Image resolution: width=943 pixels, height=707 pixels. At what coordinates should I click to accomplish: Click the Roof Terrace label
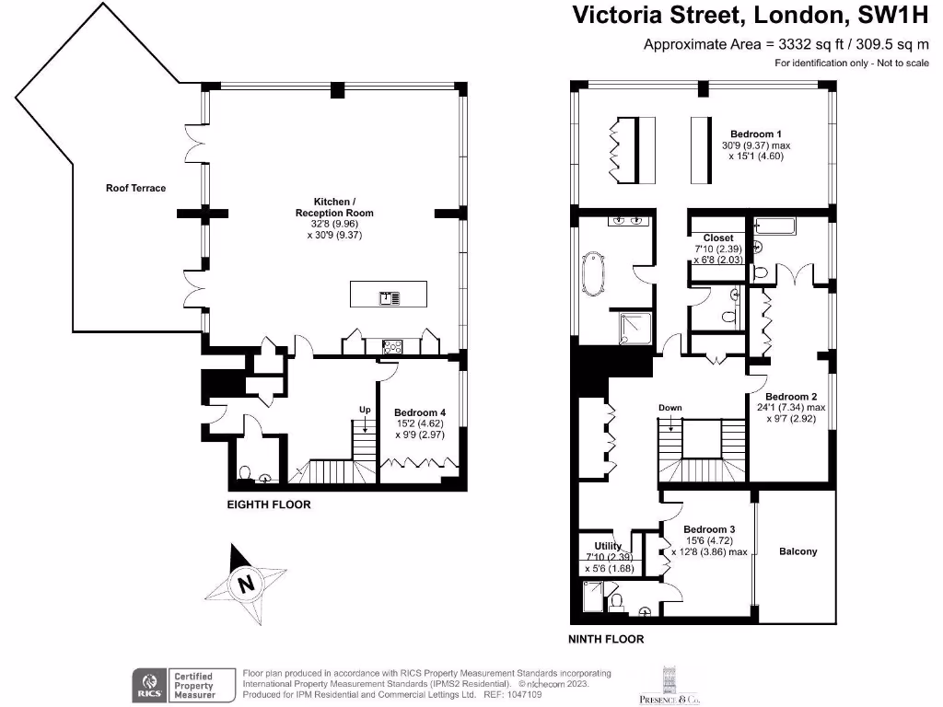[136, 188]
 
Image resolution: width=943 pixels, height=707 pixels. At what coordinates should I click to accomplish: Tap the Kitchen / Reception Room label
[334, 207]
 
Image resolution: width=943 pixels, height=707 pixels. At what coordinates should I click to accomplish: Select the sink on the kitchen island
[390, 297]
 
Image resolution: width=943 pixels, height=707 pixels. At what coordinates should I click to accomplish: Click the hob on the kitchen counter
[392, 347]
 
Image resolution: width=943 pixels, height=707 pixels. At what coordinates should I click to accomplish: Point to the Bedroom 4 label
[420, 412]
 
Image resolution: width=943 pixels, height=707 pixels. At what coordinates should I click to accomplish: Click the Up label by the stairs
[365, 410]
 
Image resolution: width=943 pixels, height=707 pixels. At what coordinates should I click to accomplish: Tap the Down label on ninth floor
[670, 408]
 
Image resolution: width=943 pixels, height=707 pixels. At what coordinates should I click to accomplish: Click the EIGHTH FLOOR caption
[269, 504]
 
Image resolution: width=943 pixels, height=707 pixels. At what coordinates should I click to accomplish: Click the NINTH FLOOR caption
[606, 639]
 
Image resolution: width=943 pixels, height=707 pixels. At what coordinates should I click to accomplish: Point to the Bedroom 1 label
[756, 134]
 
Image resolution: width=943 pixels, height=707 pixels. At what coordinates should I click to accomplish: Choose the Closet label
[718, 238]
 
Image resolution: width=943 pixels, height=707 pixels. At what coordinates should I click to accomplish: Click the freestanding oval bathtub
[594, 273]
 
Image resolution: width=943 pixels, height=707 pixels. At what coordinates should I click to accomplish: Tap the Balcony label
[798, 551]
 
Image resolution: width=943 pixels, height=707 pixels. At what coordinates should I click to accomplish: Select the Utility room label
[608, 546]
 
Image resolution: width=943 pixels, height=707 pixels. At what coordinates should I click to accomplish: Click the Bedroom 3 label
[709, 529]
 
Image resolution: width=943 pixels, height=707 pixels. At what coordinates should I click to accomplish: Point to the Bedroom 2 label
[791, 397]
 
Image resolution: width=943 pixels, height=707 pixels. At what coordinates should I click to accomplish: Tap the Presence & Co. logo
[669, 685]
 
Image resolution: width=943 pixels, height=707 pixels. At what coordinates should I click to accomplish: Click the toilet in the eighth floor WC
[245, 474]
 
